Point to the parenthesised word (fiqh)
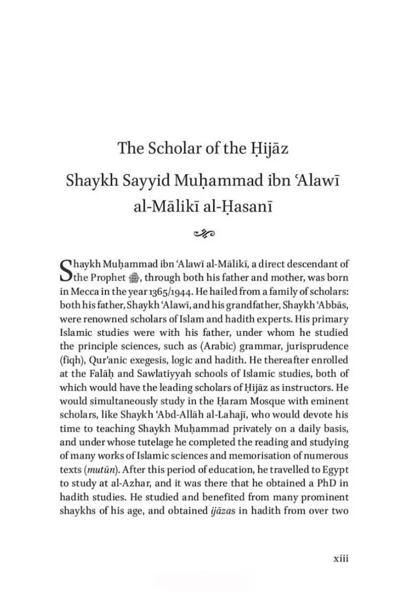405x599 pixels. tap(71, 359)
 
